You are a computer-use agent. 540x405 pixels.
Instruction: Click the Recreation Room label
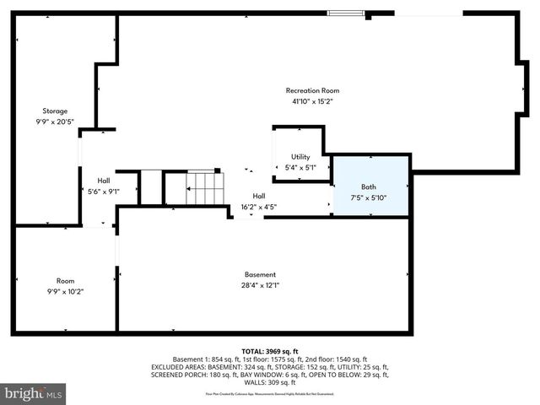pyautogui.click(x=312, y=90)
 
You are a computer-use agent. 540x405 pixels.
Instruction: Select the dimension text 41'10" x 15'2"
pyautogui.click(x=312, y=101)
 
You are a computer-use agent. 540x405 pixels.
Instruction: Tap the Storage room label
pyautogui.click(x=55, y=111)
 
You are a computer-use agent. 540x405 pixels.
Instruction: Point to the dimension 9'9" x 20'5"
pyautogui.click(x=55, y=121)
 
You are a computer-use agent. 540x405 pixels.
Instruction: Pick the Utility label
pyautogui.click(x=300, y=157)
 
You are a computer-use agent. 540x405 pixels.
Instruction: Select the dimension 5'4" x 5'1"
pyautogui.click(x=300, y=167)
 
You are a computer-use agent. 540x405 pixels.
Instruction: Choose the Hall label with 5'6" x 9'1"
pyautogui.click(x=103, y=181)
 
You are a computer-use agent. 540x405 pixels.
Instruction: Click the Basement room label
pyautogui.click(x=260, y=274)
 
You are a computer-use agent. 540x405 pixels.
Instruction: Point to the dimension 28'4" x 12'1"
pyautogui.click(x=260, y=285)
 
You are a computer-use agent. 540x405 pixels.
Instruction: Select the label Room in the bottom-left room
pyautogui.click(x=65, y=280)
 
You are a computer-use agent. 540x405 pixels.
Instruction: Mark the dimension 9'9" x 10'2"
pyautogui.click(x=65, y=291)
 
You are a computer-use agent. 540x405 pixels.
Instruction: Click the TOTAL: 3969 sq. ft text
pyautogui.click(x=269, y=350)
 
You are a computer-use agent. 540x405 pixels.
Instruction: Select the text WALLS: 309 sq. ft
pyautogui.click(x=269, y=382)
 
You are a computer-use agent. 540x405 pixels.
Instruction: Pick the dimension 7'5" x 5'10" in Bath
pyautogui.click(x=369, y=198)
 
